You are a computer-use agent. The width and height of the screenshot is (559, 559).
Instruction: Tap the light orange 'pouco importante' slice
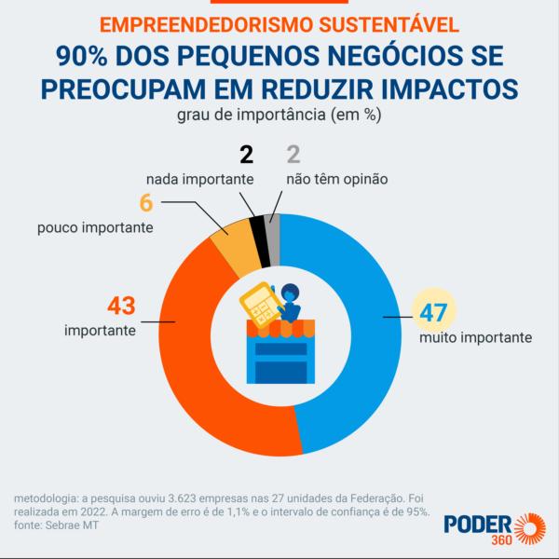point(230,244)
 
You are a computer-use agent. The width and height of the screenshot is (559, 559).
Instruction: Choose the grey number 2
point(291,156)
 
